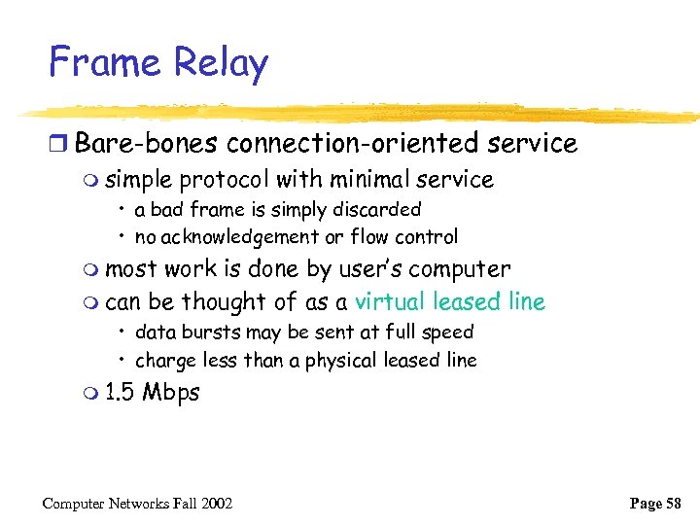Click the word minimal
[x=362, y=180]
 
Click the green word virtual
[x=391, y=302]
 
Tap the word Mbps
[x=170, y=394]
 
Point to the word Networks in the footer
[x=131, y=504]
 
